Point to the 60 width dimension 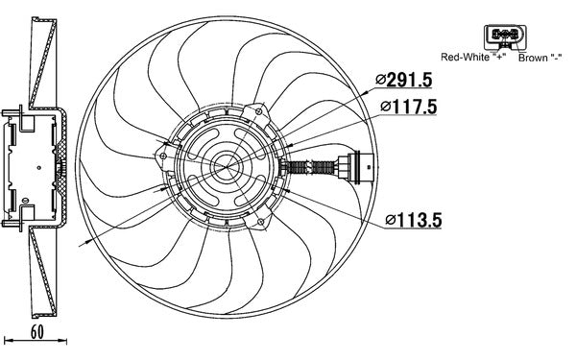37,331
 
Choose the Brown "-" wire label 540,58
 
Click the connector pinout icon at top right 505,36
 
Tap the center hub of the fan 228,167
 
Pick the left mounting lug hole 165,152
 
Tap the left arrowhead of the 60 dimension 8,341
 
